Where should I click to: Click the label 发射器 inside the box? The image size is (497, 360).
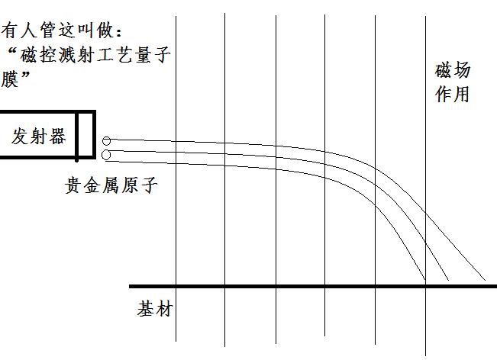tap(38, 137)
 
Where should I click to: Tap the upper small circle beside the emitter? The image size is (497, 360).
tap(106, 141)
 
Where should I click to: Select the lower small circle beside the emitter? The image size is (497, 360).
tap(106, 155)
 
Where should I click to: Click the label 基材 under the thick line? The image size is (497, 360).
tap(154, 310)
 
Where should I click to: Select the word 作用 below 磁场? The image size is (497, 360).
tap(452, 95)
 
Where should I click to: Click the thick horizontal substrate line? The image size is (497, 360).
tap(305, 286)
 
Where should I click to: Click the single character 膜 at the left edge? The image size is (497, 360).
tap(10, 79)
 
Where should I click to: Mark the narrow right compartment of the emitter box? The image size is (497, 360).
tap(86, 135)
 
